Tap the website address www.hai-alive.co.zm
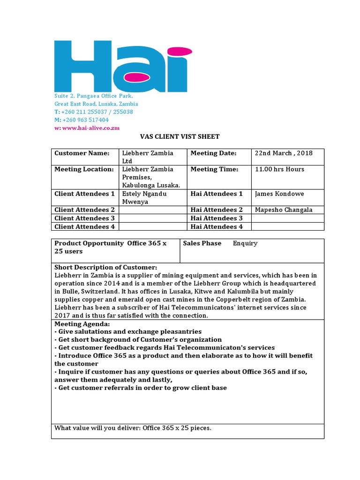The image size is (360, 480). coord(90,128)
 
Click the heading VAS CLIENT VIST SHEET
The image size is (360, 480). coord(180,137)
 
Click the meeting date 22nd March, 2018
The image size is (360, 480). coord(283,153)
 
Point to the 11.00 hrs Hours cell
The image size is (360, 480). coord(279,169)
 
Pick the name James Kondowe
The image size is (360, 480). coord(279,194)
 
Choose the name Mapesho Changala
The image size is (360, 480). coord(283,210)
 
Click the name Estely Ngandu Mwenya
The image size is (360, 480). coord(144,197)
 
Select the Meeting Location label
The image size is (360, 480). coord(84,169)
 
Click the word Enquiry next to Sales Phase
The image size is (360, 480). coord(245,244)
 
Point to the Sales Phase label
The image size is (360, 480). coord(202,244)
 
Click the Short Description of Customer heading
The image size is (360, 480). coord(106,268)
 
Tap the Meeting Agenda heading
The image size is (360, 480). coord(82,324)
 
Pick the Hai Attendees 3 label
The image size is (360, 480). coord(217,218)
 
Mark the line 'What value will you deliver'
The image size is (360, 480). coord(133,428)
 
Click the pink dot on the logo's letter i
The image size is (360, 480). coord(175,50)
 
